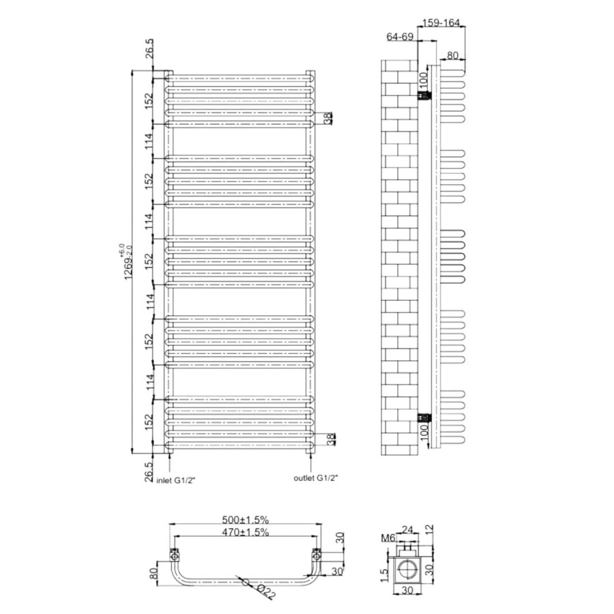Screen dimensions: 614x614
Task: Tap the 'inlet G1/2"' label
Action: pyautogui.click(x=176, y=480)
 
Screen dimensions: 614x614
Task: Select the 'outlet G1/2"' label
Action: pyautogui.click(x=316, y=478)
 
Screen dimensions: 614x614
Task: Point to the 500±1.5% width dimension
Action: pyautogui.click(x=246, y=520)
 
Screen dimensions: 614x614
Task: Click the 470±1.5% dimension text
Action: pyautogui.click(x=246, y=532)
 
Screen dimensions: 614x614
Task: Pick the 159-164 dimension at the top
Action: pyautogui.click(x=441, y=23)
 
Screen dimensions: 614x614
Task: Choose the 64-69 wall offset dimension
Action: pyautogui.click(x=400, y=36)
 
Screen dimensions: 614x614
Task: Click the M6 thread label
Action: pyautogui.click(x=388, y=538)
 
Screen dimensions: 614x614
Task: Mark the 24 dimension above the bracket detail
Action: pyautogui.click(x=408, y=530)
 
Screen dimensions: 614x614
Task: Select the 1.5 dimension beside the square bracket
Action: pyautogui.click(x=384, y=576)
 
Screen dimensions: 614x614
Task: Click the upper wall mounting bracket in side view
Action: pyautogui.click(x=424, y=95)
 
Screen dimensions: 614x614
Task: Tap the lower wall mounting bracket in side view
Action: pyautogui.click(x=424, y=418)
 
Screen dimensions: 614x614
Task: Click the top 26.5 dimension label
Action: pyautogui.click(x=149, y=48)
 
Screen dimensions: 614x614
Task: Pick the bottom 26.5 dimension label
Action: pyautogui.click(x=149, y=472)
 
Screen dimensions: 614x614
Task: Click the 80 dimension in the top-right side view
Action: pyautogui.click(x=452, y=55)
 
